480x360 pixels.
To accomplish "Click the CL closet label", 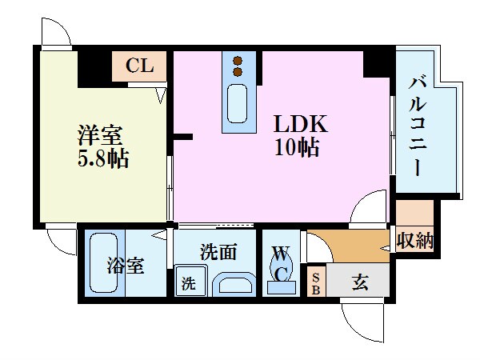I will point(140,66).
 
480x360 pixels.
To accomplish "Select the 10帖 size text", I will point(298,148).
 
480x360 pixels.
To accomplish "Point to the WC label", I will point(280,264).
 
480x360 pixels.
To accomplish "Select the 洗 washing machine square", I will point(189,282).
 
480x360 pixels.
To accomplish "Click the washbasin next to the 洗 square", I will point(232,283).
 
